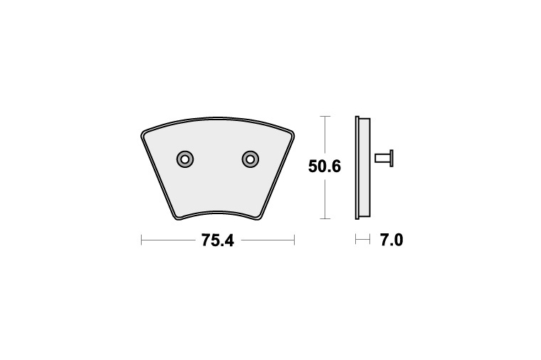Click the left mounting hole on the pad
(x=185, y=158)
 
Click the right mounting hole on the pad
(x=250, y=158)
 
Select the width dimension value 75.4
(x=217, y=240)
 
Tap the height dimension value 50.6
(x=325, y=167)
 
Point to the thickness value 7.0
(x=391, y=240)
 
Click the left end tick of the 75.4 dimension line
(x=142, y=240)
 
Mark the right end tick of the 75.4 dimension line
(x=294, y=240)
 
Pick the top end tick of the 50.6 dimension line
(x=325, y=117)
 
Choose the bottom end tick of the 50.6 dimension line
(x=325, y=218)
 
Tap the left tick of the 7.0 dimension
(x=356, y=240)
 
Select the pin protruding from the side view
(x=384, y=157)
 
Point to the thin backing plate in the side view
(x=357, y=167)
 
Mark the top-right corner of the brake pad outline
(x=292, y=132)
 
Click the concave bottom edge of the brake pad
(x=218, y=211)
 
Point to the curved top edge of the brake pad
(x=218, y=119)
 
